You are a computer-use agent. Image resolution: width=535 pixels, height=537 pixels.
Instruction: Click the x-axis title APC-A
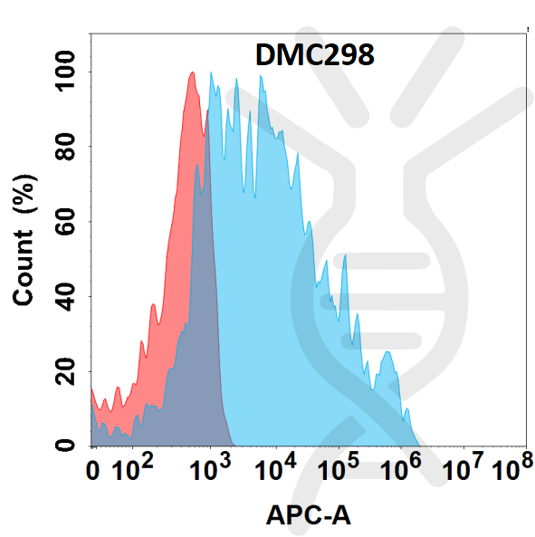[x=308, y=515]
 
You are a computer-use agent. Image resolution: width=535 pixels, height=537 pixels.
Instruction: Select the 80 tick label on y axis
[x=65, y=145]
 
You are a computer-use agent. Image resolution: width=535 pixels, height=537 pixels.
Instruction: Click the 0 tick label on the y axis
[x=65, y=445]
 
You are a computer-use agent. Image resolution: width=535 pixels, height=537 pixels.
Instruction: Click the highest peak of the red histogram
[x=192, y=74]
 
